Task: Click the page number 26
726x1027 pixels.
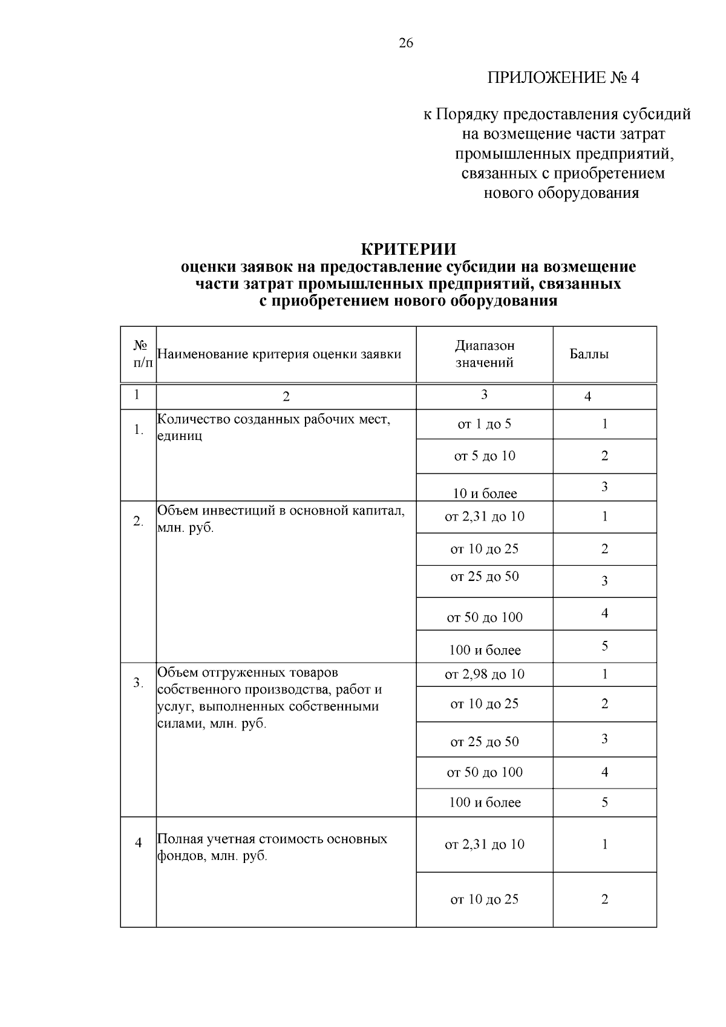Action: click(x=406, y=43)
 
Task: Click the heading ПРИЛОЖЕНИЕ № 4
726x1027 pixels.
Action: click(x=563, y=78)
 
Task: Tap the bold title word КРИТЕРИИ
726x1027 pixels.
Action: click(x=408, y=249)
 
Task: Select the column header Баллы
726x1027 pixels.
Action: click(x=589, y=354)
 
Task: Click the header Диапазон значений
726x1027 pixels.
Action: click(x=485, y=354)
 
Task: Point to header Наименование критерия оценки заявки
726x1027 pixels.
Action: click(x=279, y=354)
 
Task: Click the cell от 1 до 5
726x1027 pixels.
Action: click(x=485, y=424)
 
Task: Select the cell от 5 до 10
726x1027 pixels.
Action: click(x=485, y=456)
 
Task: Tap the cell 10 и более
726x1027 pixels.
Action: click(x=485, y=494)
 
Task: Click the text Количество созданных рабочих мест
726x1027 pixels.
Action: click(x=273, y=419)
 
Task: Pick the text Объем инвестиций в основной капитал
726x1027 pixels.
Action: click(x=281, y=511)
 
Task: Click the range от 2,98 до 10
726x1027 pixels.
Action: click(x=485, y=674)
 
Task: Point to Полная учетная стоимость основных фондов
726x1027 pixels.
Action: click(x=272, y=847)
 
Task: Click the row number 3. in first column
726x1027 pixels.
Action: click(x=138, y=683)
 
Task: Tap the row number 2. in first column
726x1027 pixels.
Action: click(x=138, y=521)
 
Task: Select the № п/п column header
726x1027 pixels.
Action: click(x=140, y=354)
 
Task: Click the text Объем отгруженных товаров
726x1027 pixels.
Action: click(x=248, y=672)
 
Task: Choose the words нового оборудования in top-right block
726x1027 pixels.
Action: click(x=561, y=194)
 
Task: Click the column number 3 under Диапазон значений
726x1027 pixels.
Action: click(x=484, y=395)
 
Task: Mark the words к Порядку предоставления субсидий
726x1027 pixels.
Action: click(x=557, y=114)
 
